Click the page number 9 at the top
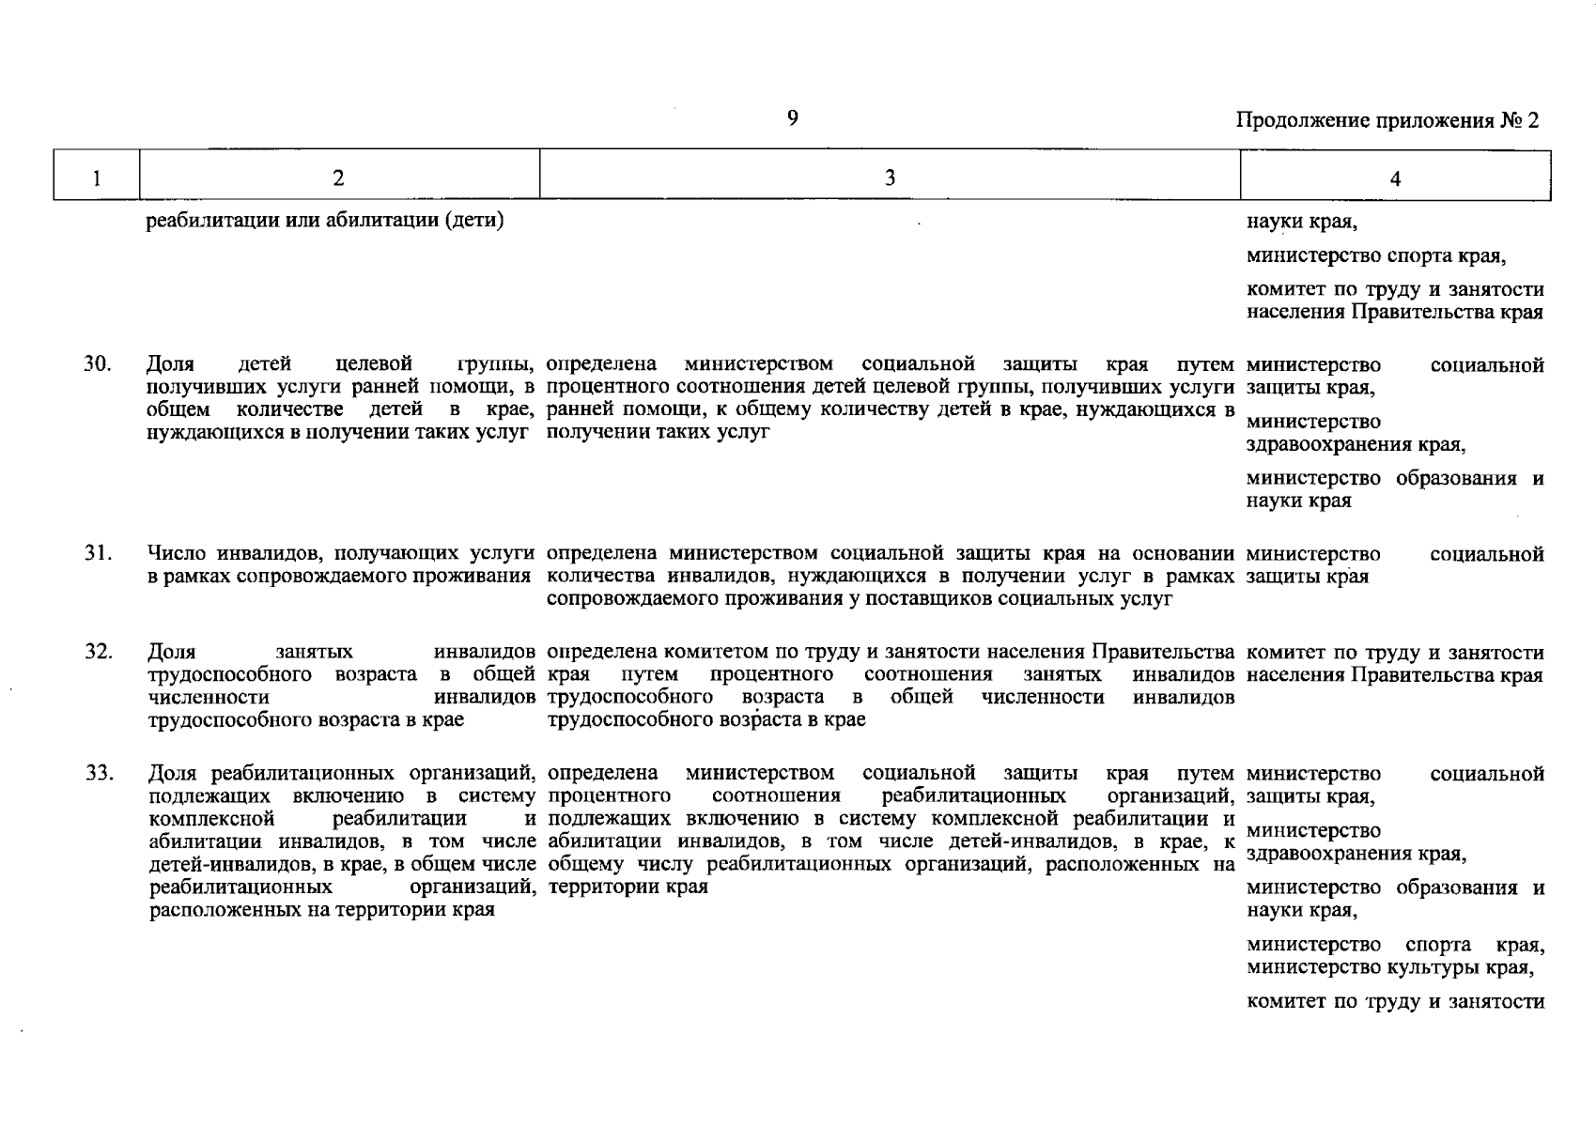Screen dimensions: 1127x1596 pyautogui.click(x=793, y=117)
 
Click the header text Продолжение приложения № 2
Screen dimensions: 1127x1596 pyautogui.click(x=1387, y=121)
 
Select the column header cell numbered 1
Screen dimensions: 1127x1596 pyautogui.click(x=97, y=178)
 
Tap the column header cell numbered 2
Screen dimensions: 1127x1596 pyautogui.click(x=338, y=178)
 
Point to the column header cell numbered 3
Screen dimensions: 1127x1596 pyautogui.click(x=889, y=178)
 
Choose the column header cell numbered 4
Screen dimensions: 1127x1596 pyautogui.click(x=1395, y=178)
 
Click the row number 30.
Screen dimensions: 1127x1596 pyautogui.click(x=98, y=364)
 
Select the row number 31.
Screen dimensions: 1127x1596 pyautogui.click(x=98, y=554)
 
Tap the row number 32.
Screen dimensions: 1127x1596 pyautogui.click(x=98, y=652)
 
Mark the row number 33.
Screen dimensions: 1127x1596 pyautogui.click(x=98, y=774)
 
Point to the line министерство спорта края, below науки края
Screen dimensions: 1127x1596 pyautogui.click(x=1376, y=256)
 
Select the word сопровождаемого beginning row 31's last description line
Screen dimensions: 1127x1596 pyautogui.click(x=620, y=599)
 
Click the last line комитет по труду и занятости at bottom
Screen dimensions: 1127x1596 pyautogui.click(x=1395, y=1002)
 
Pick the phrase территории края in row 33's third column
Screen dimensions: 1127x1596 pyautogui.click(x=627, y=887)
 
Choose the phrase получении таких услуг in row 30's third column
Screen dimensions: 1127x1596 pyautogui.click(x=658, y=432)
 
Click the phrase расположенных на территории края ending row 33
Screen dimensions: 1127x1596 pyautogui.click(x=322, y=910)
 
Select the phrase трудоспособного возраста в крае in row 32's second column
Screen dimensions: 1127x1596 pyautogui.click(x=306, y=720)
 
